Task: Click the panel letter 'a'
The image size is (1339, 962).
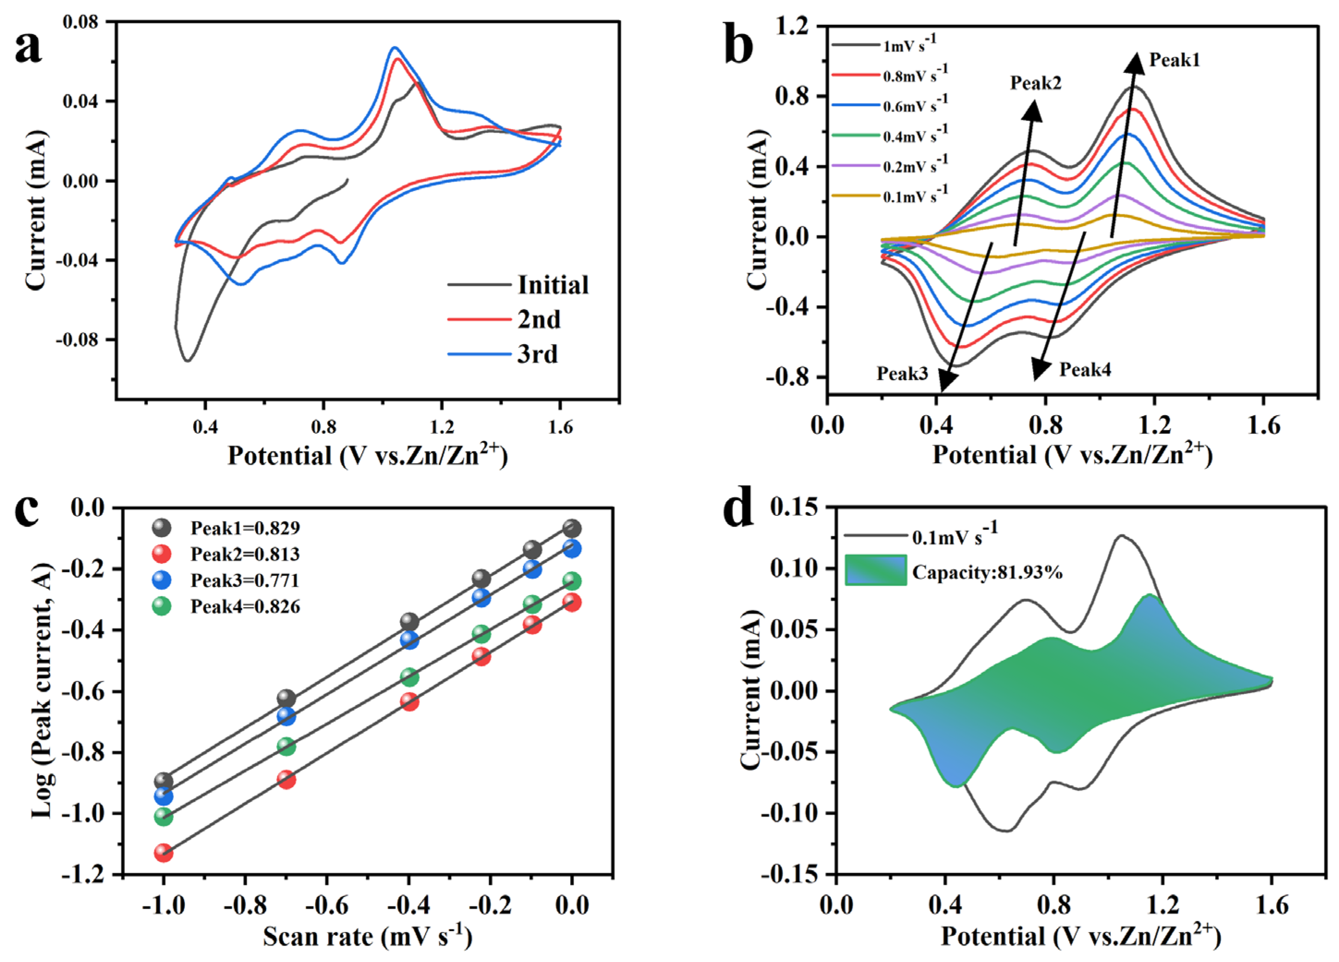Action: (28, 48)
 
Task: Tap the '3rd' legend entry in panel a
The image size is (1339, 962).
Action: (537, 354)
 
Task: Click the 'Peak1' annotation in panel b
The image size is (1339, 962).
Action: (1175, 60)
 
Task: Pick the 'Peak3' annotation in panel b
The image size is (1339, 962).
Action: (902, 374)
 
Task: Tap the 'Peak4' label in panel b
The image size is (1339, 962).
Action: (1085, 370)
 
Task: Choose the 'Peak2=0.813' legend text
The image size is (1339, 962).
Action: (245, 554)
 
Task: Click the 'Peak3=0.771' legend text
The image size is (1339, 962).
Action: (244, 580)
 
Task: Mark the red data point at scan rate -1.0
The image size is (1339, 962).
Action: (164, 853)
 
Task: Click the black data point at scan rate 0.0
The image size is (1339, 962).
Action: (571, 528)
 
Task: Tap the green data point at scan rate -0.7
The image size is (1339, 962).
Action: (286, 747)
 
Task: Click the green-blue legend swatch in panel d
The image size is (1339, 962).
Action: (876, 570)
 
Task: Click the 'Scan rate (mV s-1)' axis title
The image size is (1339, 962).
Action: (367, 937)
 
